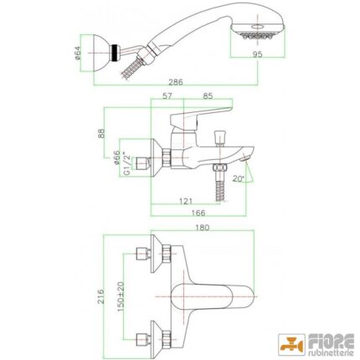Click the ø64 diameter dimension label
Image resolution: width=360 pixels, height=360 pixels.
pos(78,53)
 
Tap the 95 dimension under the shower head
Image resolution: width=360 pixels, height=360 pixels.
pos(257,54)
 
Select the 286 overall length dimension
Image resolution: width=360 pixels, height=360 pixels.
pos(176,82)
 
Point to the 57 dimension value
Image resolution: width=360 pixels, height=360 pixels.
pos(167,96)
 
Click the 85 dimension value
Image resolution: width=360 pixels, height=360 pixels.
pos(208,96)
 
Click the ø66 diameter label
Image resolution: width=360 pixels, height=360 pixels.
pos(116,157)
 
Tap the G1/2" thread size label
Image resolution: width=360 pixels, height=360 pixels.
pos(127,164)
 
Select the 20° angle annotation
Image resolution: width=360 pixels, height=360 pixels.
pos(238,179)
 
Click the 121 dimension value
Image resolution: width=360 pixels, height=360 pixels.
pos(186,201)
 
